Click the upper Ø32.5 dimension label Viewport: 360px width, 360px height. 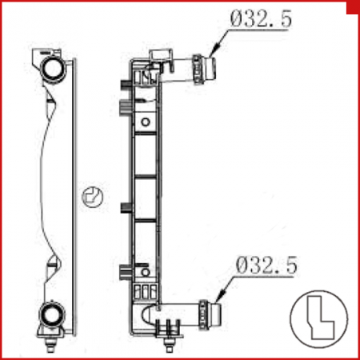point(261,18)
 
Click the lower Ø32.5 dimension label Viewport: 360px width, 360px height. point(266,265)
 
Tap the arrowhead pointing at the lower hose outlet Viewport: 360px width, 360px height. point(222,296)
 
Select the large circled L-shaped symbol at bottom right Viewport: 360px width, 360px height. point(319,319)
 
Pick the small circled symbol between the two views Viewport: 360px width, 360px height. point(92,197)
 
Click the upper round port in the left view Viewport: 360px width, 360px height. point(53,69)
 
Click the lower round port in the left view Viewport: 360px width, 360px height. point(51,314)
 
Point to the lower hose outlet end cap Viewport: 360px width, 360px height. point(215,314)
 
